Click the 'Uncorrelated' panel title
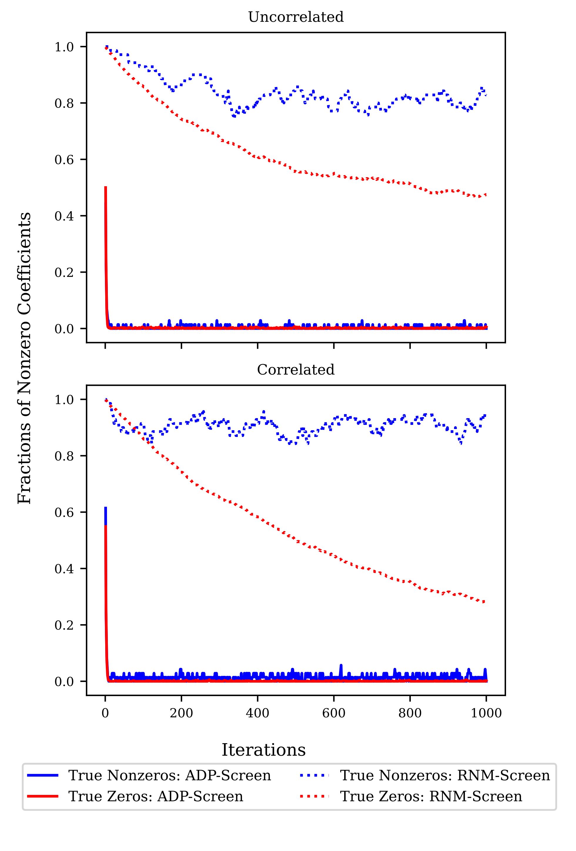coord(296,17)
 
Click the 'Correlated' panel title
coord(296,370)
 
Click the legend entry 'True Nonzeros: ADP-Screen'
coord(170,775)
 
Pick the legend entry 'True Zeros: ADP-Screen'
coord(156,796)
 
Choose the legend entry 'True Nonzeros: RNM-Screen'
coord(445,775)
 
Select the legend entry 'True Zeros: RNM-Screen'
coord(431,796)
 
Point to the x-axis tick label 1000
coord(486,713)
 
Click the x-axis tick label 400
coord(257,713)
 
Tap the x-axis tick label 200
coord(181,713)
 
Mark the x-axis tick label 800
coord(410,713)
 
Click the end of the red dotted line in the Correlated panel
coord(485,602)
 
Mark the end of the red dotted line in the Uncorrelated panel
coord(485,195)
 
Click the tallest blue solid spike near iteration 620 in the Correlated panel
coord(341,665)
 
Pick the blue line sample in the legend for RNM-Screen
coord(314,775)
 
